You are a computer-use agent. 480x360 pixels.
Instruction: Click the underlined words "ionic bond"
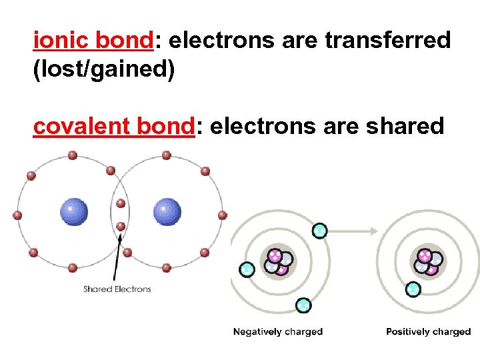[93, 41]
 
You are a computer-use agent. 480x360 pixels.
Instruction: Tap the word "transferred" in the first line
[388, 41]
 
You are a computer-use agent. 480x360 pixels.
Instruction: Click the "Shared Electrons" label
[117, 289]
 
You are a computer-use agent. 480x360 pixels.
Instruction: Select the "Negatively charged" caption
[277, 331]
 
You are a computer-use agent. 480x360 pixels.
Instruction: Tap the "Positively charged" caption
[428, 331]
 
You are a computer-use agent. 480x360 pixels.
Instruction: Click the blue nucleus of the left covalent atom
[74, 213]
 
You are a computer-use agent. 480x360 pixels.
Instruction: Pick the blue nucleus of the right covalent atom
[167, 213]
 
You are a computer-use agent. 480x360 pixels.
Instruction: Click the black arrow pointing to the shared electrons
[117, 256]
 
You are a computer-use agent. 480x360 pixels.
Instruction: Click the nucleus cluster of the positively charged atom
[427, 261]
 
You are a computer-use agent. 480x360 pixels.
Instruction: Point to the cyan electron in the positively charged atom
[413, 289]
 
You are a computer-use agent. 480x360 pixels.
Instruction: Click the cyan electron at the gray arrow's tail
[320, 231]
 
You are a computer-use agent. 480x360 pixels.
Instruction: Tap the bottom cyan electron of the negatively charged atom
[303, 305]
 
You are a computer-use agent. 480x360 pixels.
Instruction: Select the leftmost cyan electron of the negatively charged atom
[247, 269]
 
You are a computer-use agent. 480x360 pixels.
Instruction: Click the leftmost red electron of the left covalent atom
[17, 215]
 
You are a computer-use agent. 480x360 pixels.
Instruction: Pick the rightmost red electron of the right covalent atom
[223, 215]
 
